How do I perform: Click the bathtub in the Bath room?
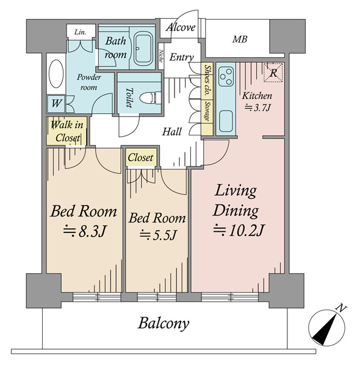143,49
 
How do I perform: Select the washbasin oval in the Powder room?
56,74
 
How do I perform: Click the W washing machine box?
56,104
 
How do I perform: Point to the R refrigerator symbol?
273,73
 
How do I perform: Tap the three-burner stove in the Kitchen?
226,77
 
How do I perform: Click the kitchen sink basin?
226,121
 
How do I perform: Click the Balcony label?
164,324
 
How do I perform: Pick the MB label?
240,40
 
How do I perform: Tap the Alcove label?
181,27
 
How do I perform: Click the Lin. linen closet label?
80,32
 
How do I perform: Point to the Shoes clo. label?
207,80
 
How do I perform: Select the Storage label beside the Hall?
207,111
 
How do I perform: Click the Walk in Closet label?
67,131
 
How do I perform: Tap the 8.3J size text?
85,231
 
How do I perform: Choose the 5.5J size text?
157,235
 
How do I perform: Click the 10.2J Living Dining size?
239,230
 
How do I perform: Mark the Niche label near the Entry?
161,56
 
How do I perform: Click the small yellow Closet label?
140,157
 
